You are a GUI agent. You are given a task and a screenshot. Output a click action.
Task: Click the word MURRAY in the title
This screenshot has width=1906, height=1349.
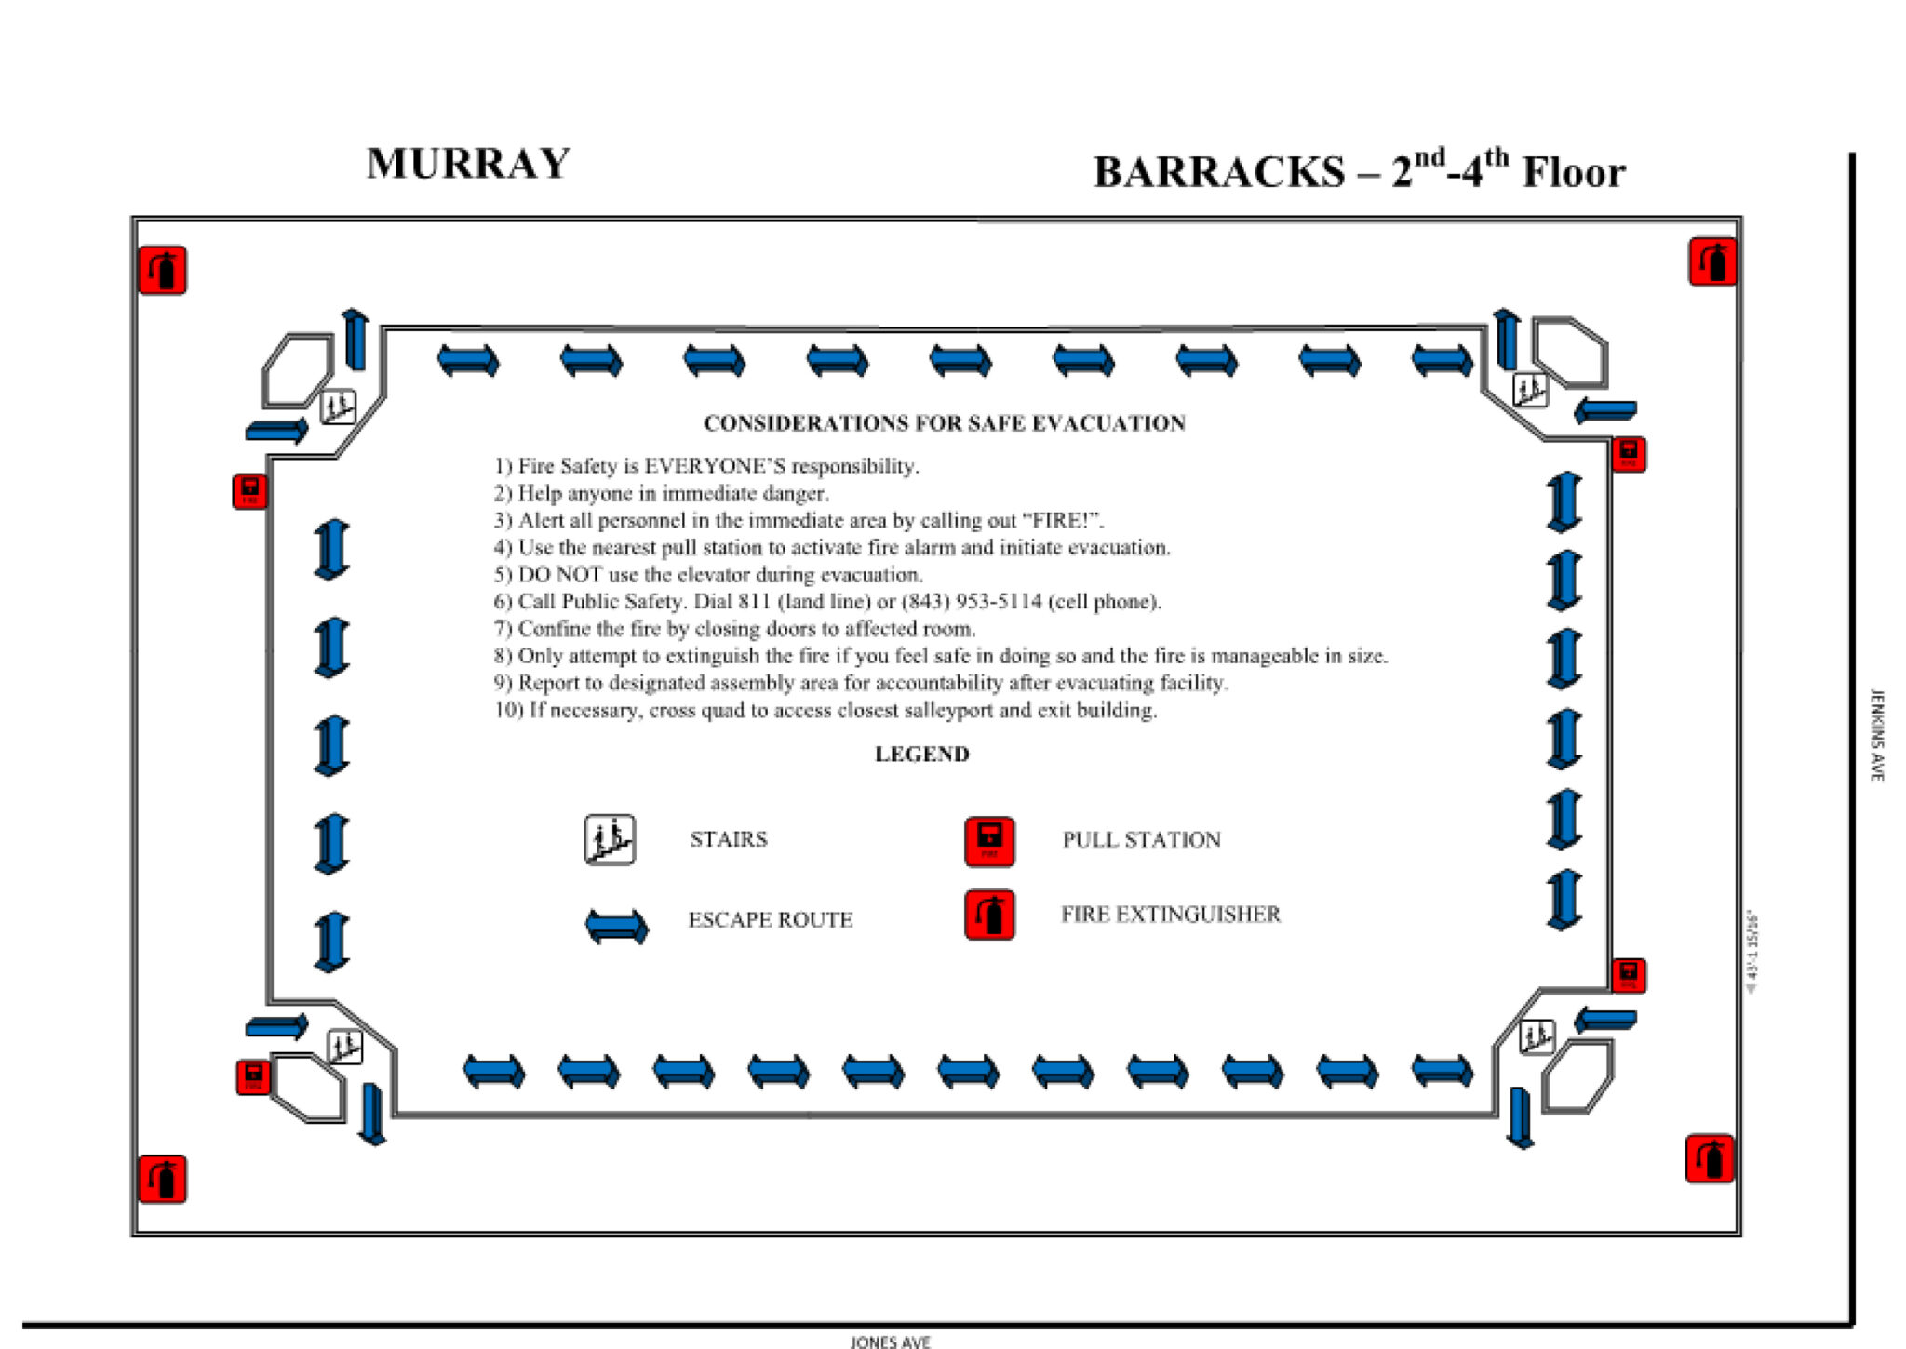[468, 164]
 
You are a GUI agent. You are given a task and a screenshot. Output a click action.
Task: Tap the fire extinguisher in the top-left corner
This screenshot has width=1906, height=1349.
[163, 271]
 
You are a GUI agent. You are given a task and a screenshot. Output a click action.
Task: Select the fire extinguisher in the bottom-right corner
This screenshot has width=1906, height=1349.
[1710, 1159]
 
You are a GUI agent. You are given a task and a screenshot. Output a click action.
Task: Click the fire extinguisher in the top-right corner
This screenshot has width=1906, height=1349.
[1712, 262]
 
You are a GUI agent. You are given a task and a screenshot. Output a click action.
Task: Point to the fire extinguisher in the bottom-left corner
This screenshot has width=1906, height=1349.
[163, 1180]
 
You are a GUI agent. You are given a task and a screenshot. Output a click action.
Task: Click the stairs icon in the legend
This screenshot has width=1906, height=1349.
[610, 840]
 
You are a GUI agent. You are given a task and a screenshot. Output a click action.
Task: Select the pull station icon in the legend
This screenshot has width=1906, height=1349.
[989, 841]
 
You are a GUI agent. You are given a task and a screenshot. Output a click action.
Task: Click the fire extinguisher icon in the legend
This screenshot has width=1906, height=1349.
[989, 915]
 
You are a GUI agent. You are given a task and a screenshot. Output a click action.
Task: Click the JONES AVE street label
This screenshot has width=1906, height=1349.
[890, 1342]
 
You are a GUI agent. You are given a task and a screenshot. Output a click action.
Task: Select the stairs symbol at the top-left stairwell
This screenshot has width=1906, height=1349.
[338, 407]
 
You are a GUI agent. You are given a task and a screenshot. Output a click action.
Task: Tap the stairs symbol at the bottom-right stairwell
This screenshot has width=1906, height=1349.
[1536, 1036]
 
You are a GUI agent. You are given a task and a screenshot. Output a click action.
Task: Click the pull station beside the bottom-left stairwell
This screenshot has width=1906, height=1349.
[253, 1077]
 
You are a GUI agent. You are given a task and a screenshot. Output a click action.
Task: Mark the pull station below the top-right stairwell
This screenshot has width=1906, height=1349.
[1629, 455]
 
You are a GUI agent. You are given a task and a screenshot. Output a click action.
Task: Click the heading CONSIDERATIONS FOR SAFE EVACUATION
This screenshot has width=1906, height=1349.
[944, 423]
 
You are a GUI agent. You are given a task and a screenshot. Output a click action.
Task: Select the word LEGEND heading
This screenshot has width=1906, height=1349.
[921, 755]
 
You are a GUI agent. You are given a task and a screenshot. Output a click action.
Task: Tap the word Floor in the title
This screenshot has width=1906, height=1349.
[1573, 173]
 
